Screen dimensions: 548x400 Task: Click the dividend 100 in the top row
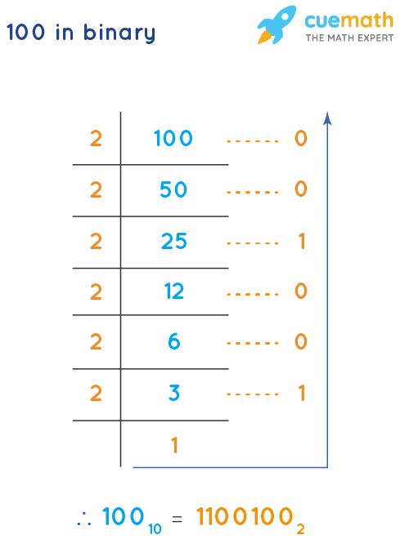point(173,139)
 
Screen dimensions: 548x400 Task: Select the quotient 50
point(173,189)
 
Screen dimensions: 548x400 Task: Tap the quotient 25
point(173,241)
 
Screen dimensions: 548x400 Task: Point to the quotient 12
point(173,292)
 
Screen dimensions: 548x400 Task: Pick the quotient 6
point(173,342)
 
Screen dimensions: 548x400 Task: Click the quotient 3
point(173,394)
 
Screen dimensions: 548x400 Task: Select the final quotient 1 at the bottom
point(174,445)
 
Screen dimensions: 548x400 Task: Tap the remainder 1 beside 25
point(301,241)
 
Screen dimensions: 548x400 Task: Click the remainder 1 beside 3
point(301,394)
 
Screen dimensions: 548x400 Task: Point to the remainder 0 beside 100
point(300,139)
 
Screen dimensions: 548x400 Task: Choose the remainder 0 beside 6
point(300,342)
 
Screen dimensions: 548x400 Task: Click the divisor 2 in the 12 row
point(96,292)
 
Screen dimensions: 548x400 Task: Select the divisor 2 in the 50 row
point(96,189)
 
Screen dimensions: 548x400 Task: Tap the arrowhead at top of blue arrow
point(327,118)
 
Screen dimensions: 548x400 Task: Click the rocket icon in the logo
point(276,25)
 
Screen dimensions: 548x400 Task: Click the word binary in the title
point(122,33)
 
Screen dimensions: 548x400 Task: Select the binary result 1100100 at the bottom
point(245,517)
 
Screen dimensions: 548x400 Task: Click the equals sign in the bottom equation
point(177,519)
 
